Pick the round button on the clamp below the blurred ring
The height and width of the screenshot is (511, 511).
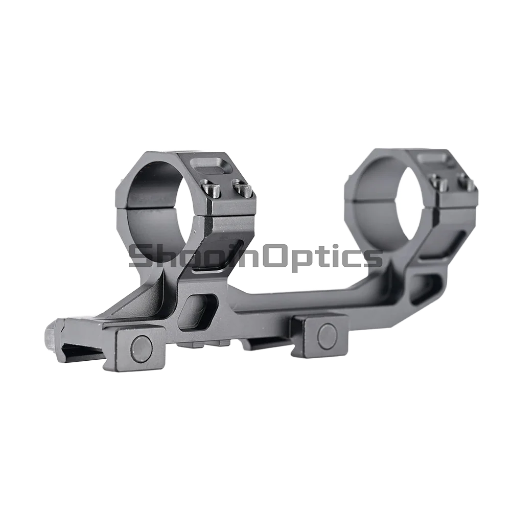[x=326, y=335]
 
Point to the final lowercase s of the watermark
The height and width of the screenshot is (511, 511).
[x=375, y=258]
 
